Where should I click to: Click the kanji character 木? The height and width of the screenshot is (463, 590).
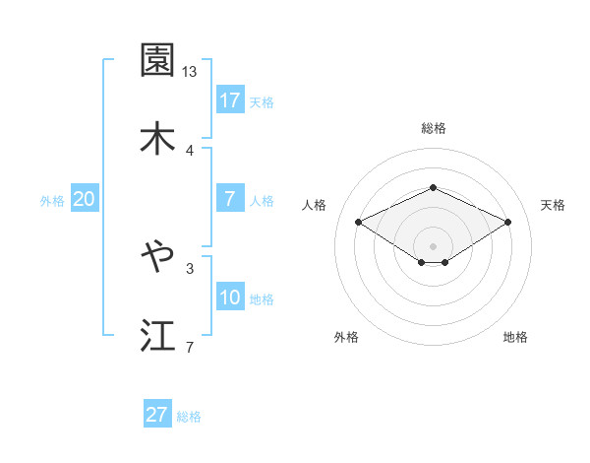tap(158, 139)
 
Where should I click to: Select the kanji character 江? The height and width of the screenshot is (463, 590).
tap(158, 335)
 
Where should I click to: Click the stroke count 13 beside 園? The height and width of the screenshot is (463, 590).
tap(190, 72)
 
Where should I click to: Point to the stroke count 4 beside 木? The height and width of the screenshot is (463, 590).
tap(190, 150)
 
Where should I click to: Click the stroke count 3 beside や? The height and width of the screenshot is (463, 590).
tap(190, 267)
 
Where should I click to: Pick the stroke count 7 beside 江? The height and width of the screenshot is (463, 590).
tap(190, 346)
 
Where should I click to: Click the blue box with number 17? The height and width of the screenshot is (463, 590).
tap(230, 100)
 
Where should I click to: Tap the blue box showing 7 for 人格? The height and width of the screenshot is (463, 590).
tap(230, 199)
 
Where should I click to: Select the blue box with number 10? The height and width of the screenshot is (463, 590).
tap(230, 298)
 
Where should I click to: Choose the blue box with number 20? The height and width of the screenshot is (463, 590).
tap(84, 199)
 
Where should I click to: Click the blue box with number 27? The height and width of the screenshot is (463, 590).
tap(157, 415)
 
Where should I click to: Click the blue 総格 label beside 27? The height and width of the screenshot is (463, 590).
tap(190, 417)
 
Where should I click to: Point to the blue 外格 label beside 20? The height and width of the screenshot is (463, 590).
tap(52, 201)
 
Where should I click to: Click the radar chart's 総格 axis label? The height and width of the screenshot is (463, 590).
tap(433, 128)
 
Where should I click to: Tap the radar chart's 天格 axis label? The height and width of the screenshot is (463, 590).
tap(554, 205)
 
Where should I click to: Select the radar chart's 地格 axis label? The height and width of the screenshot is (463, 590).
tap(515, 338)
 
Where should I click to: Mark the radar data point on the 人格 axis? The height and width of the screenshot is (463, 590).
tap(359, 222)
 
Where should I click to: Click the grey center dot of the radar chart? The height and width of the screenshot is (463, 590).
tap(433, 245)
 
